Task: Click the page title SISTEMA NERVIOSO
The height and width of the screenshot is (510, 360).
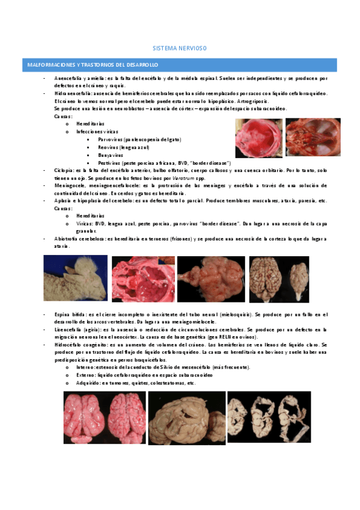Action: pos(180,48)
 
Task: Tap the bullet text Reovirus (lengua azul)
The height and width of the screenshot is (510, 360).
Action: pos(128,147)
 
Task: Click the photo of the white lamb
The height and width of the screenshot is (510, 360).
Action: pos(76,278)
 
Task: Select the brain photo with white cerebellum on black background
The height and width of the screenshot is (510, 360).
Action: pos(278,278)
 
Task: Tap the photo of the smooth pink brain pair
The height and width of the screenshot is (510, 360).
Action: pos(105,418)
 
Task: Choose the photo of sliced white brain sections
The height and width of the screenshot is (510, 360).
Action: pos(269,417)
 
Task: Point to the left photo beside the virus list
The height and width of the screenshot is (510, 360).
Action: pos(258,138)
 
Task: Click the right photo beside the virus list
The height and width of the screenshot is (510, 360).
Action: pos(312,138)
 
